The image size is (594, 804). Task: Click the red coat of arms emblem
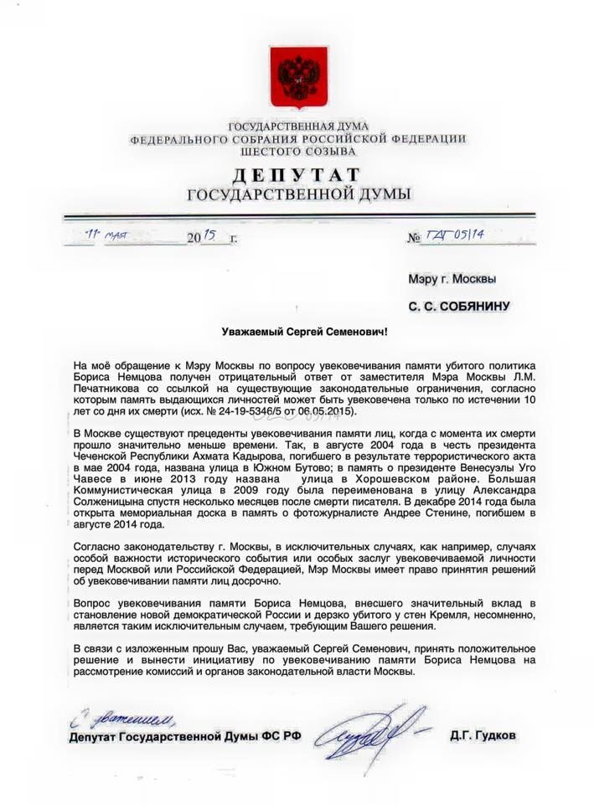[x=298, y=75]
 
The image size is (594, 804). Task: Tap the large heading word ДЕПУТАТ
[x=298, y=176]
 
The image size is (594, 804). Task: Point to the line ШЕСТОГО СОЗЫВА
[x=298, y=152]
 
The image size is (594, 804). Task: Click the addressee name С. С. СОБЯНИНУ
[x=459, y=307]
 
